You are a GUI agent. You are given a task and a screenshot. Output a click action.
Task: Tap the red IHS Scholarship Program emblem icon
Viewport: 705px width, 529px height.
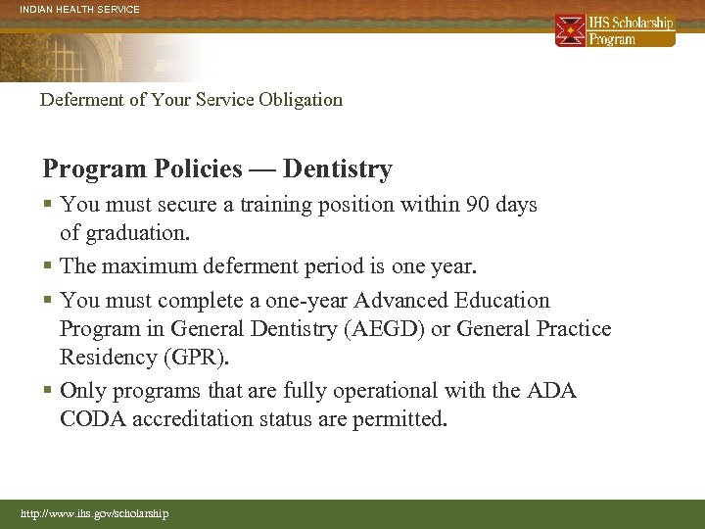click(570, 30)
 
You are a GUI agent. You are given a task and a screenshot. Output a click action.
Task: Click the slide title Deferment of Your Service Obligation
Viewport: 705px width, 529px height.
click(191, 99)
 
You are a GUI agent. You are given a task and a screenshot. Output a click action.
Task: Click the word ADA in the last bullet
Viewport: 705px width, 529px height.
click(551, 391)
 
